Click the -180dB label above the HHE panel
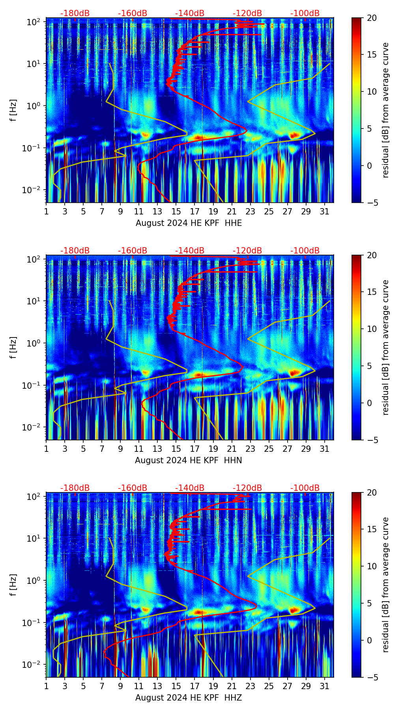75,13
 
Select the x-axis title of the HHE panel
189,223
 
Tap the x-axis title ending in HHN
189,460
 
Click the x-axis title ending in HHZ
189,698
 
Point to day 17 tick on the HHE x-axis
195,211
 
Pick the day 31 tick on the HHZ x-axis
325,686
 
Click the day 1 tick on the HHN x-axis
47,449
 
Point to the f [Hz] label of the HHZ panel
14,585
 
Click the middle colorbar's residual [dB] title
386,347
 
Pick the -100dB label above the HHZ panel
305,488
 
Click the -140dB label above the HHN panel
190,251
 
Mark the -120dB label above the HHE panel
247,13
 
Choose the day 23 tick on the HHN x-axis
250,449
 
